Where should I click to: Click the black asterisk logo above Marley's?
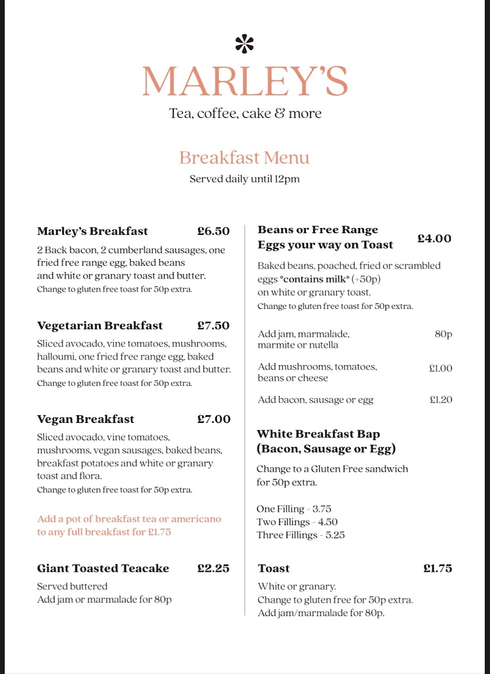coord(244,44)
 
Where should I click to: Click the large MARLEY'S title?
coord(244,81)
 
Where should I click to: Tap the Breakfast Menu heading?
coord(244,158)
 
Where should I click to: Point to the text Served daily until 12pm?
coord(244,179)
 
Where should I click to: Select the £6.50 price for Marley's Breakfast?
coord(214,231)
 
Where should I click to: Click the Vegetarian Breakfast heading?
coord(100,326)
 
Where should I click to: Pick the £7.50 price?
coord(214,326)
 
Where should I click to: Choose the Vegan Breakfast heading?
coord(86,420)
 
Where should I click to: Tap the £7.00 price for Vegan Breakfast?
coord(214,420)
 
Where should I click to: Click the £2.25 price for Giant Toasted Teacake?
coord(214,568)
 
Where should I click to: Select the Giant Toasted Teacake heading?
coord(103,568)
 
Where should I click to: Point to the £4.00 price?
coord(434,239)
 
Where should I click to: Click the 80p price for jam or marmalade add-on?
coord(443,334)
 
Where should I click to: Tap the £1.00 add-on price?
coord(441,368)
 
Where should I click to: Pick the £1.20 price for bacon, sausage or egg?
coord(441,400)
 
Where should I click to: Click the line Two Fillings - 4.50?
coord(297,522)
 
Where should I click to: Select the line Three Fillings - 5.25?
coord(301,535)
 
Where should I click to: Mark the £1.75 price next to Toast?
coord(438,568)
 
